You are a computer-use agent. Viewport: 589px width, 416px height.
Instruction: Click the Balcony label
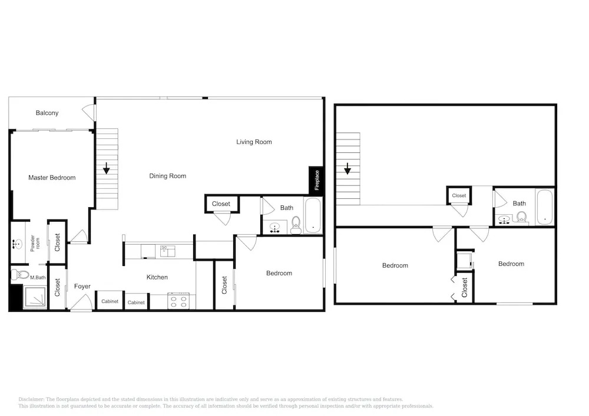47,113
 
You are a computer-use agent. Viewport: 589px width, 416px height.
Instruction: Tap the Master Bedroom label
52,178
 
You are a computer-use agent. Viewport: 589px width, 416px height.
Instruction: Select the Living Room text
254,142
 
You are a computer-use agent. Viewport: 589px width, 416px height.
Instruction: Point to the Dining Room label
167,176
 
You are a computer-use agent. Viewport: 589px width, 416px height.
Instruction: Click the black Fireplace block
316,181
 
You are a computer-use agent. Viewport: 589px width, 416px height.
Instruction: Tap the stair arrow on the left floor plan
106,168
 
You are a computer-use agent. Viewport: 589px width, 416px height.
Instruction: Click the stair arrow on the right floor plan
348,169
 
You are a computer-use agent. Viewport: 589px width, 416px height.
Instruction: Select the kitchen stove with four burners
179,302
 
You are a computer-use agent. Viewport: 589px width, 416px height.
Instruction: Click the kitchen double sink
167,251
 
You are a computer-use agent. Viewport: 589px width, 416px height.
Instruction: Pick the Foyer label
82,286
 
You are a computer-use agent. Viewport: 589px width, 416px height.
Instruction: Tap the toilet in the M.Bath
20,275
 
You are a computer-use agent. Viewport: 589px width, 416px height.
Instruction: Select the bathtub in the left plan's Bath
313,216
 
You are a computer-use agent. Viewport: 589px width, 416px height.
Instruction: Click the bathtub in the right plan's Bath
545,207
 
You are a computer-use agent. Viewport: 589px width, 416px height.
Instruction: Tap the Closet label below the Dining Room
221,204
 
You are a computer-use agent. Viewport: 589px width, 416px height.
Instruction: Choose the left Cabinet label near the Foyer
110,301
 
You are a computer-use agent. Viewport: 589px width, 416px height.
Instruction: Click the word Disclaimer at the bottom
31,400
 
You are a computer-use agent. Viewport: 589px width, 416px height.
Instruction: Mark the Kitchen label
157,277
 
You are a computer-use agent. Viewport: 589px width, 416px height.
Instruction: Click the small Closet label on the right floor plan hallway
459,195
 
